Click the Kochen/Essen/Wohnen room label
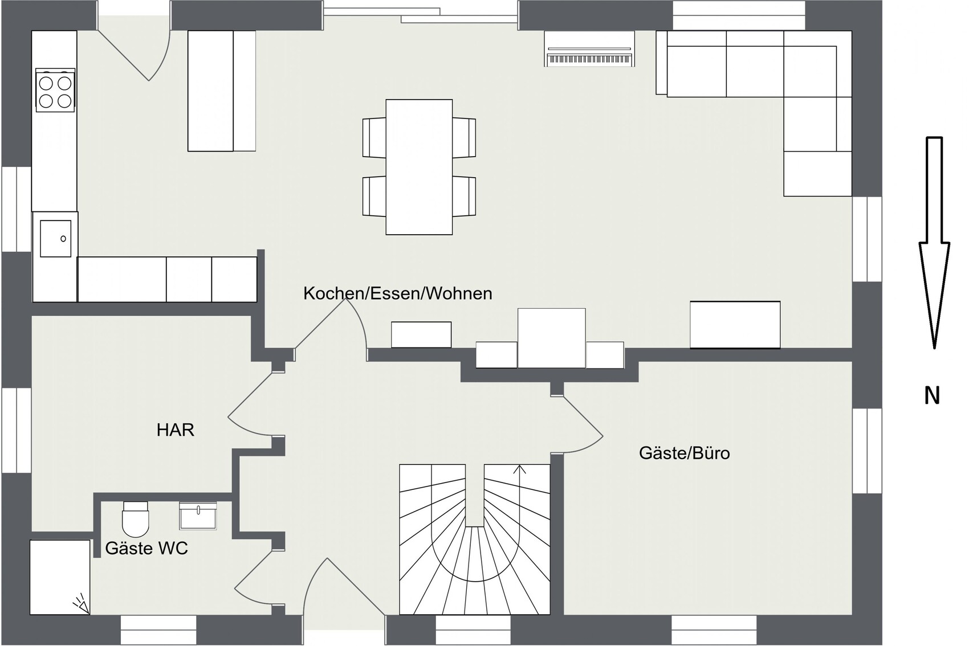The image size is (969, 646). point(397,293)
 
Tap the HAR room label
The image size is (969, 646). point(175,430)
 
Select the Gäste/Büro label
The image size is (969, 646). point(685,453)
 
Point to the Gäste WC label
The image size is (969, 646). point(146,548)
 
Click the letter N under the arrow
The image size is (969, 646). point(932,396)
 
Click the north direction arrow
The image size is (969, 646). point(934,243)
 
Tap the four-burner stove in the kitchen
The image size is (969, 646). point(55,91)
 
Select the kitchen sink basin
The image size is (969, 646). point(56,239)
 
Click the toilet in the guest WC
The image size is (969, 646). point(136,519)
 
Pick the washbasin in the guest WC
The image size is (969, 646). point(198,516)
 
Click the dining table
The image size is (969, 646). point(419,167)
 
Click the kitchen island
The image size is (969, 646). point(222,91)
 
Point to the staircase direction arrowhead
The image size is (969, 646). point(519,469)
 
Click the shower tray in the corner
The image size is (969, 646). point(60,577)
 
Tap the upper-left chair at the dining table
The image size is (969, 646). point(374,137)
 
